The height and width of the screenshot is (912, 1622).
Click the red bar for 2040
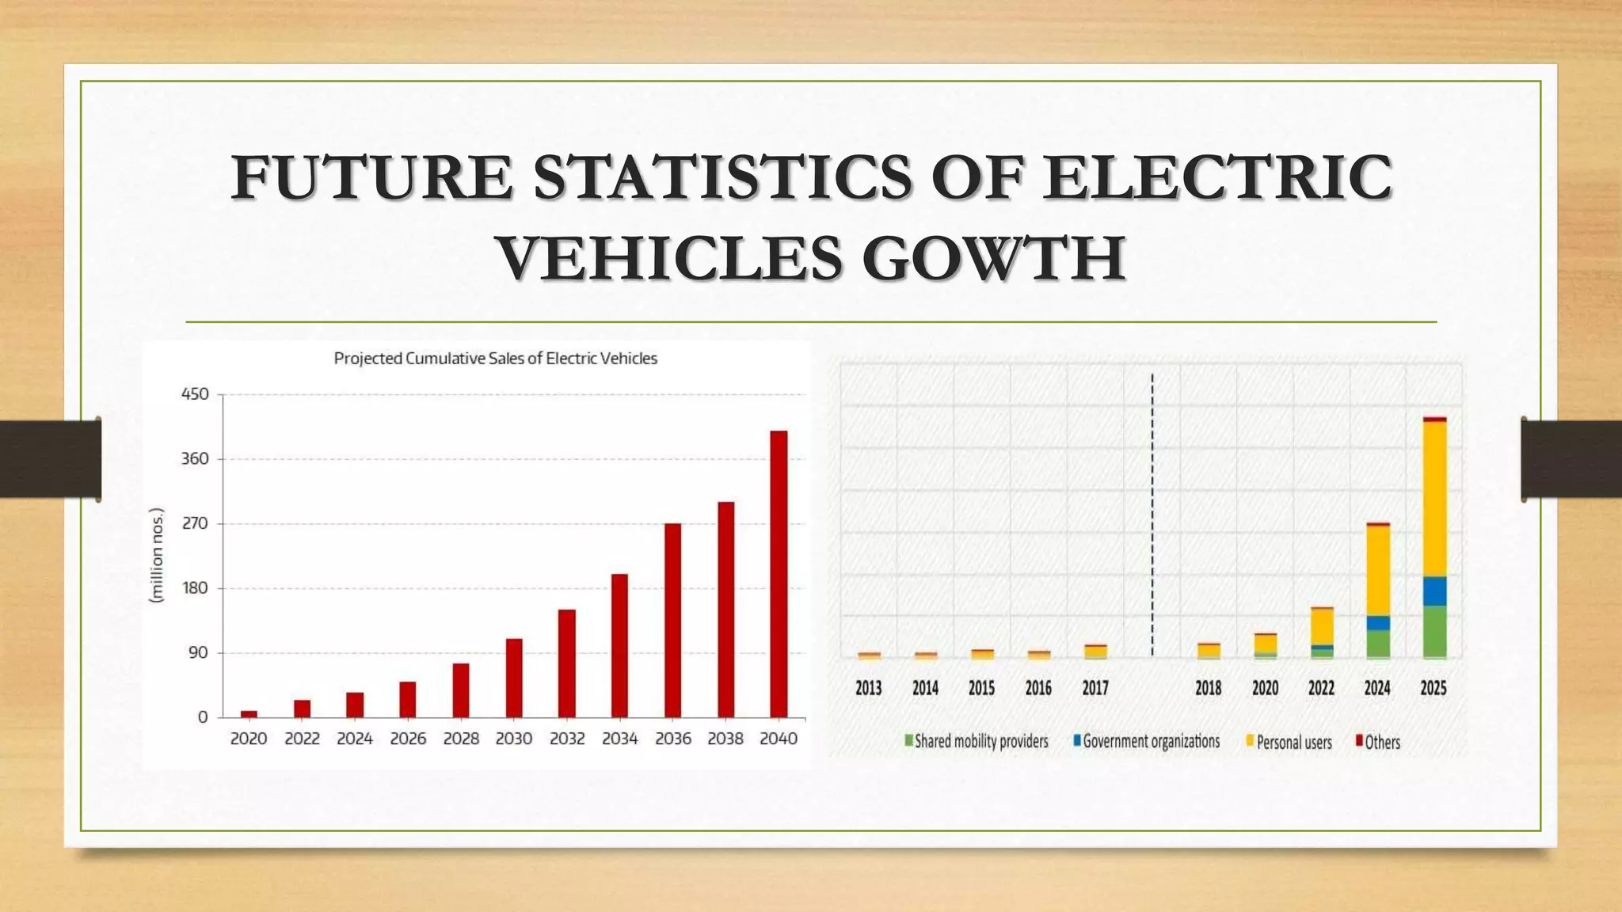pyautogui.click(x=779, y=574)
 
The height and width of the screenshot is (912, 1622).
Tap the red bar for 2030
pyautogui.click(x=514, y=678)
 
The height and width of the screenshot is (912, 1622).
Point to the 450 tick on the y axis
pyautogui.click(x=196, y=394)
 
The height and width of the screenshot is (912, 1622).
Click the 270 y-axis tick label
pyautogui.click(x=196, y=523)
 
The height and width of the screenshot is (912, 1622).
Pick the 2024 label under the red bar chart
pyautogui.click(x=355, y=739)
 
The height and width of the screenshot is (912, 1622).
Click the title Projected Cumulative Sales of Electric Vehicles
pyautogui.click(x=495, y=359)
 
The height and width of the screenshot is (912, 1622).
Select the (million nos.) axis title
pyautogui.click(x=157, y=556)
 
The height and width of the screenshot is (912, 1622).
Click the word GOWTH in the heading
pyautogui.click(x=993, y=258)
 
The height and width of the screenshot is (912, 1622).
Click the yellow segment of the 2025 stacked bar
pyautogui.click(x=1434, y=499)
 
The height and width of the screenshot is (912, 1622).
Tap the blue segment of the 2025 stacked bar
pyautogui.click(x=1434, y=591)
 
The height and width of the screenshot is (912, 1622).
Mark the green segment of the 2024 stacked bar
pyautogui.click(x=1378, y=643)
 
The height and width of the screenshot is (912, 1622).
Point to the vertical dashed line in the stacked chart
pyautogui.click(x=1152, y=515)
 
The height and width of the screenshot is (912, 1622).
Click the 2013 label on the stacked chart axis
pyautogui.click(x=869, y=688)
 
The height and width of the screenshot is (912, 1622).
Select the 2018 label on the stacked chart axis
pyautogui.click(x=1208, y=688)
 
